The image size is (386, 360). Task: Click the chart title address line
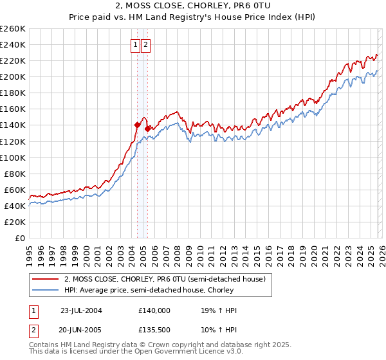(x=193, y=6)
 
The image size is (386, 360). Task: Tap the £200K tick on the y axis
(x=12, y=76)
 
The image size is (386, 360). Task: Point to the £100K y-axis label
(x=12, y=157)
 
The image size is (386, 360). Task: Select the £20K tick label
(x=14, y=222)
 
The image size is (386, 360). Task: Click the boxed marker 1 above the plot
(x=136, y=45)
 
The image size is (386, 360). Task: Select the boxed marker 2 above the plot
(x=147, y=45)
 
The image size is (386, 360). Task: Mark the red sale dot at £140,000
(x=137, y=125)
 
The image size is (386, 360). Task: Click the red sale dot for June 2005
(x=147, y=128)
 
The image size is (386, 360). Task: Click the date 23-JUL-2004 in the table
(x=81, y=310)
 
